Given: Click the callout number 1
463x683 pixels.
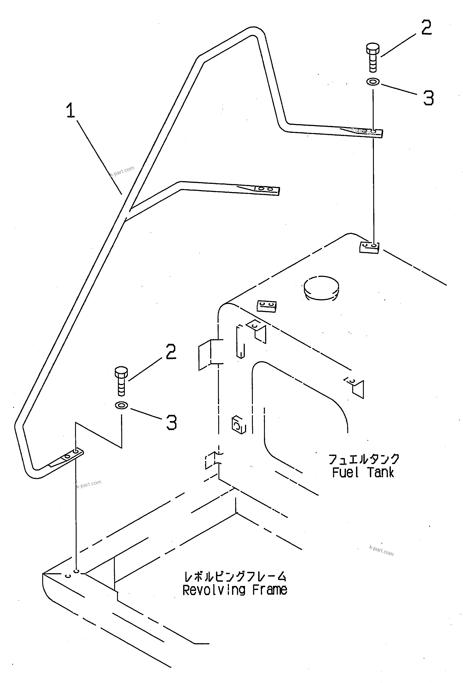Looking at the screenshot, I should (70, 110).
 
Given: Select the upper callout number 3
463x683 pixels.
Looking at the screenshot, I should (428, 98).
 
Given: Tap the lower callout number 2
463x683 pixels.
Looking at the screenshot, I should (171, 352).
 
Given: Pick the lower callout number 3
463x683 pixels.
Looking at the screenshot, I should (172, 423).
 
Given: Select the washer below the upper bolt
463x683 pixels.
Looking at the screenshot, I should (373, 82).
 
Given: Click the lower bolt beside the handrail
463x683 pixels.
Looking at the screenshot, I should (121, 381).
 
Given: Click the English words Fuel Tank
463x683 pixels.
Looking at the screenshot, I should (363, 473).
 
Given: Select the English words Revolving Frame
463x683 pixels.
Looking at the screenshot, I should (235, 590).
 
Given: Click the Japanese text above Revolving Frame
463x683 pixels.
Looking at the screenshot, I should (235, 576).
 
